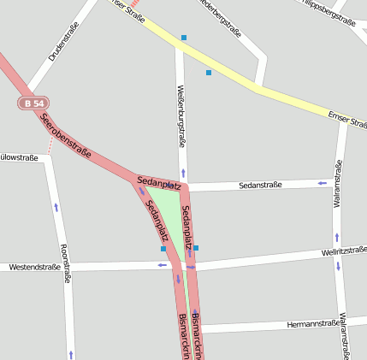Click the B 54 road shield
click(x=33, y=103)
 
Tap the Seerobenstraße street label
click(x=66, y=137)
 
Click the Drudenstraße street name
click(x=63, y=42)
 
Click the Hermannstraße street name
click(x=308, y=323)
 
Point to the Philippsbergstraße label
click(x=329, y=12)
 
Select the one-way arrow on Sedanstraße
click(x=323, y=183)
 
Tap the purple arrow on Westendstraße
click(x=161, y=265)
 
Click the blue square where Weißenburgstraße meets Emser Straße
click(x=184, y=38)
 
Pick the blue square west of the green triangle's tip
click(x=163, y=249)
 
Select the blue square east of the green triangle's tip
click(x=196, y=248)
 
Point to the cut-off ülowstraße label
click(x=19, y=158)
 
